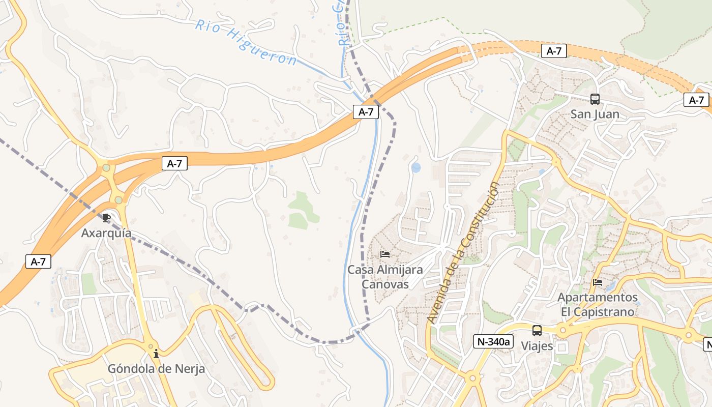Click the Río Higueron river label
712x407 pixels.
246,42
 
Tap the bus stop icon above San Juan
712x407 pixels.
595,99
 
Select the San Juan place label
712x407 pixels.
595,114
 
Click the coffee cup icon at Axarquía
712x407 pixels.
106,218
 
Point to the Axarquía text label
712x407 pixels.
106,233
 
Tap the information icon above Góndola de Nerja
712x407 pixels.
156,353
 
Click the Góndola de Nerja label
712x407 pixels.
156,368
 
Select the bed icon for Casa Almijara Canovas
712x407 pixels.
385,254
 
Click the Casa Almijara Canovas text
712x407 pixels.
385,276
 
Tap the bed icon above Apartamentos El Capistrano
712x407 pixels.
598,282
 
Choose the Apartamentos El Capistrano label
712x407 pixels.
598,304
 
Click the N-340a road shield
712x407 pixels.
492,341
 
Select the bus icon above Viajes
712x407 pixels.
537,331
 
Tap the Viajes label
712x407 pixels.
537,346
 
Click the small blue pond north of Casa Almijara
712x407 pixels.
416,167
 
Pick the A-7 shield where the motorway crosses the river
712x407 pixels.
366,112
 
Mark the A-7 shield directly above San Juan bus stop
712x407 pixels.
554,51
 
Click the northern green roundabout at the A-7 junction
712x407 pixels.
106,167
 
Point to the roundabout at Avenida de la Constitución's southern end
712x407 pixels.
472,378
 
